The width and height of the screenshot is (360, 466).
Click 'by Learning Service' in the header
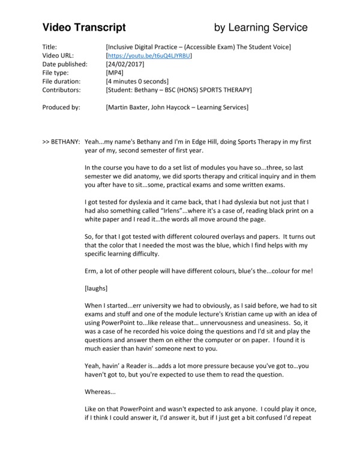(x=261, y=28)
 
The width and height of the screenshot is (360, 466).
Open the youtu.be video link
(x=149, y=55)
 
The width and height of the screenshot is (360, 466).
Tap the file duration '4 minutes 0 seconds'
(x=137, y=81)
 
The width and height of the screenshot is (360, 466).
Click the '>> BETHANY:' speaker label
(x=62, y=142)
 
